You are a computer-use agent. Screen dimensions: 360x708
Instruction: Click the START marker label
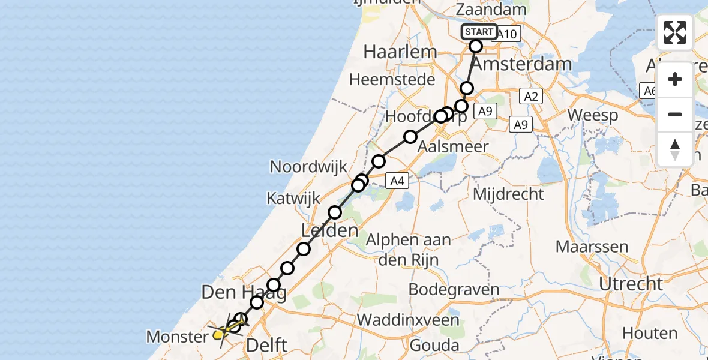point(479,32)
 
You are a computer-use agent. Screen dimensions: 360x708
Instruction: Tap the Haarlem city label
point(400,52)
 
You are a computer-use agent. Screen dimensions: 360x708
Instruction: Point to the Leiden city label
point(331,230)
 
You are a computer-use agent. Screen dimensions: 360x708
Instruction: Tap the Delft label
point(266,345)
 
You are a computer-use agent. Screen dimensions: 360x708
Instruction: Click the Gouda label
point(435,345)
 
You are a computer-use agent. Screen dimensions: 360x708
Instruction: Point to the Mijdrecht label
point(508,194)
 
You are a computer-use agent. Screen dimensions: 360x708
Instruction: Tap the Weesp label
point(593,116)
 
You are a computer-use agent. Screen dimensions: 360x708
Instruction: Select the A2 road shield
point(530,97)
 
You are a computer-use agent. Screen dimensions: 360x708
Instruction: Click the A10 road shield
point(507,34)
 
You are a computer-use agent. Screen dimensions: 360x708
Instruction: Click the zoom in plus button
point(675,80)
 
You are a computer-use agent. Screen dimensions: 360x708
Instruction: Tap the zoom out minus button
point(675,114)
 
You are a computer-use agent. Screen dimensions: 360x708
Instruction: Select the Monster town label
point(177,337)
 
